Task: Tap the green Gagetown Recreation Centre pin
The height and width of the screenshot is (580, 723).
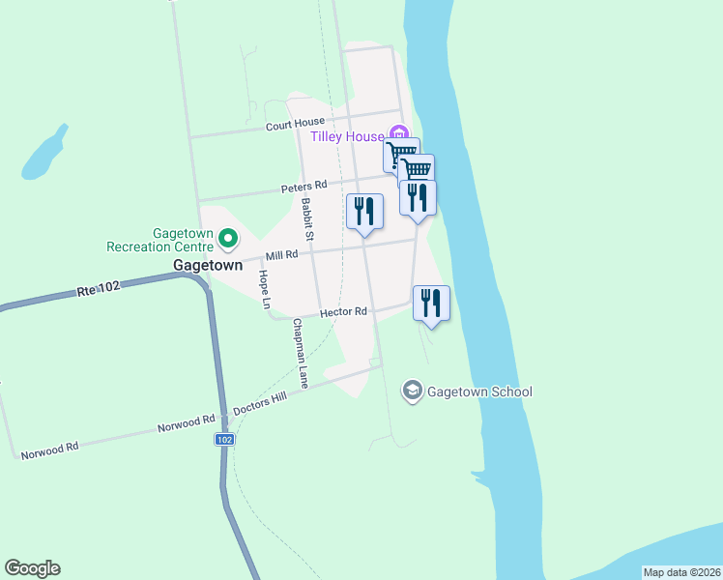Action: pyautogui.click(x=228, y=236)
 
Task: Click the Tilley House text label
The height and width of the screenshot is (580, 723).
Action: pyautogui.click(x=347, y=136)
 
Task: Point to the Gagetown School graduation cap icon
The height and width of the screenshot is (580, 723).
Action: pyautogui.click(x=412, y=391)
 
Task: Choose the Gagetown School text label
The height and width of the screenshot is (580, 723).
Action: pyautogui.click(x=479, y=391)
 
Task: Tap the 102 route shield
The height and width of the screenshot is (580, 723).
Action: pyautogui.click(x=223, y=439)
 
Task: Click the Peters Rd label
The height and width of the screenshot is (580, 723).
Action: pyautogui.click(x=304, y=185)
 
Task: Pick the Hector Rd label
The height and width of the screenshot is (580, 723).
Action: pyautogui.click(x=344, y=312)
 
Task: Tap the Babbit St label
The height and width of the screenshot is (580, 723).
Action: pyautogui.click(x=307, y=219)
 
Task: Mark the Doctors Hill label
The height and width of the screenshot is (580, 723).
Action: pyautogui.click(x=260, y=407)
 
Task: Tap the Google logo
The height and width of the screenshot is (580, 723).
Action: pyautogui.click(x=32, y=568)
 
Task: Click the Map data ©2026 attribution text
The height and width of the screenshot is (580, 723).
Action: pyautogui.click(x=681, y=572)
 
